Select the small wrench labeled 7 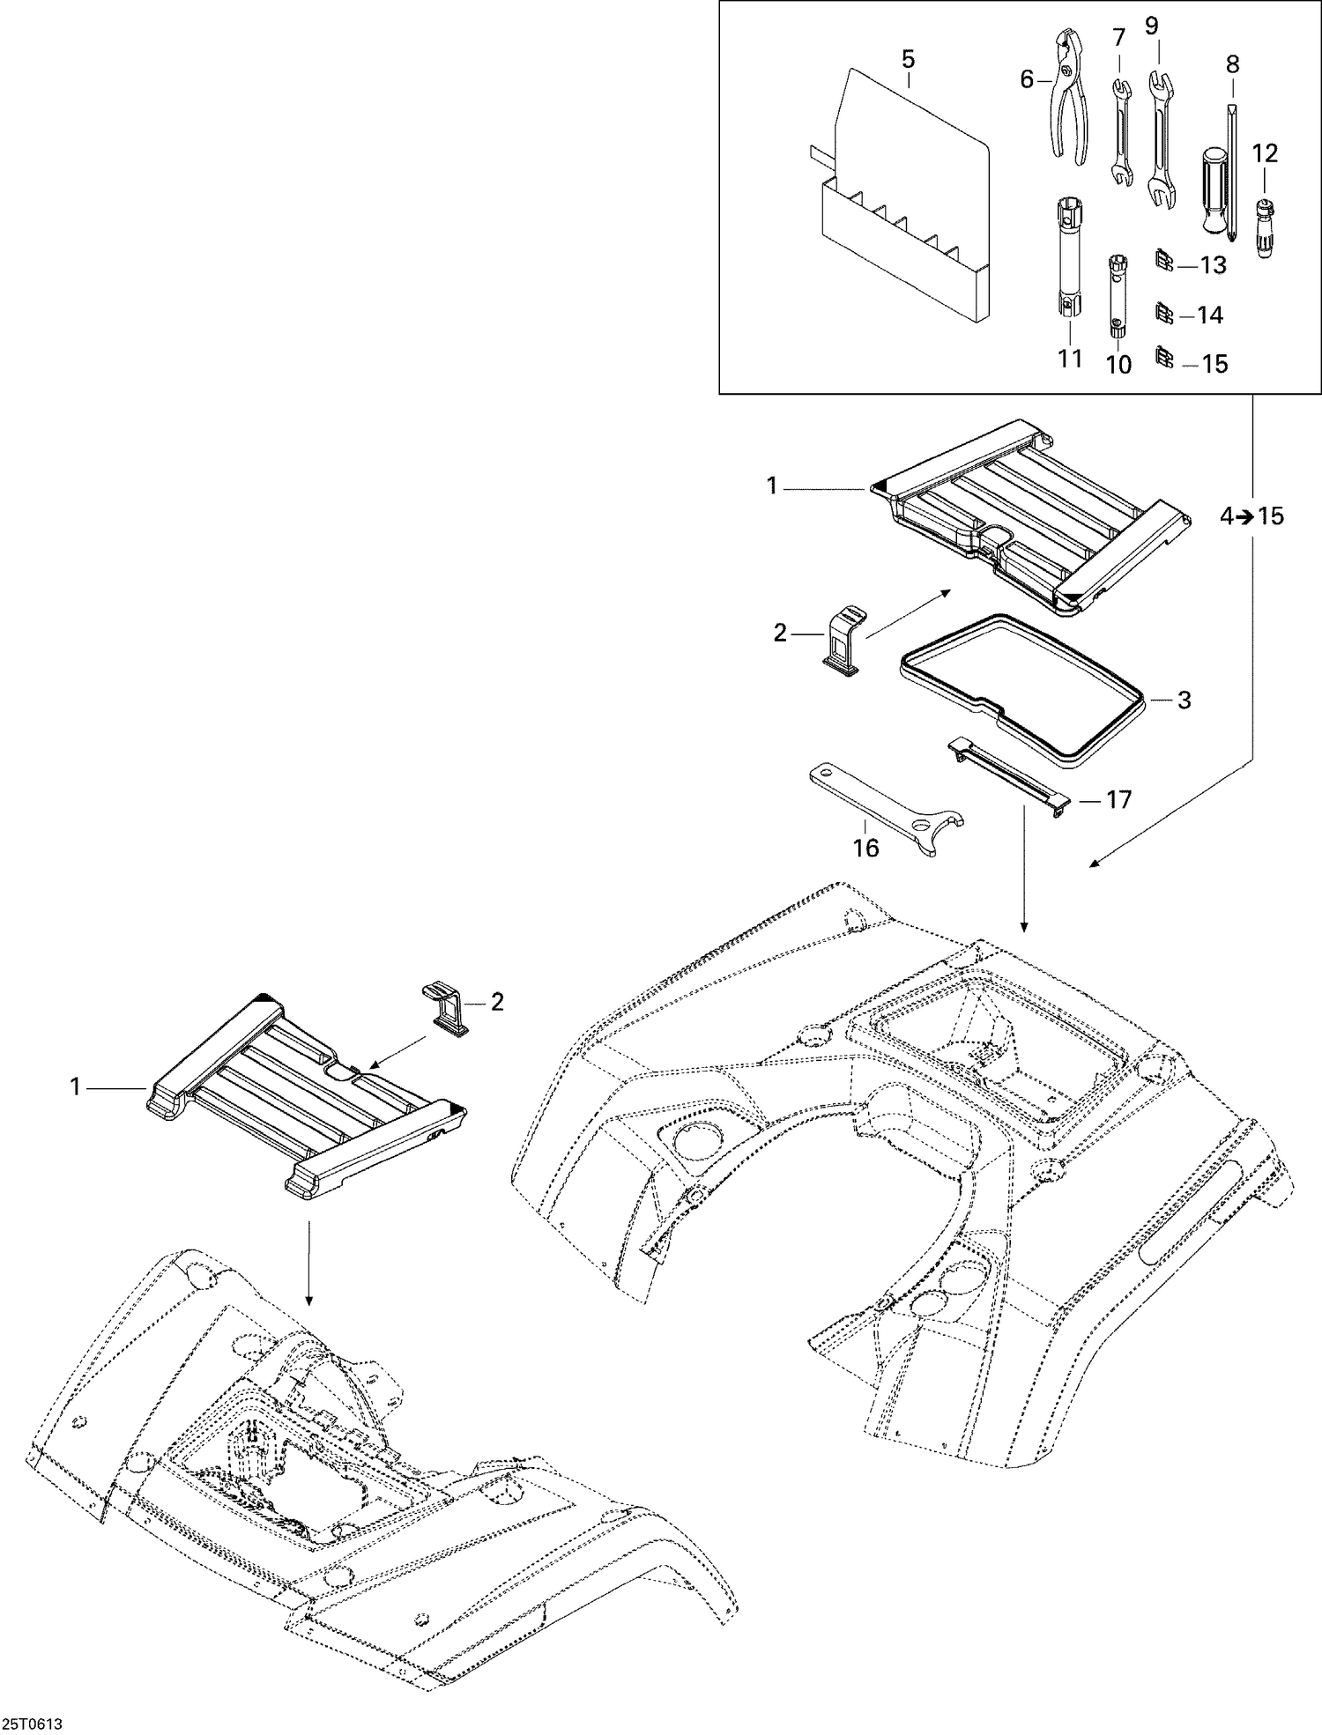pyautogui.click(x=1119, y=132)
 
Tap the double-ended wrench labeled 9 pyautogui.click(x=1161, y=141)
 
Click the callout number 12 pyautogui.click(x=1265, y=152)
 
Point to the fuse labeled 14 pyautogui.click(x=1163, y=313)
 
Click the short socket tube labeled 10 pyautogui.click(x=1118, y=295)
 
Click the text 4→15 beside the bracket pyautogui.click(x=1251, y=517)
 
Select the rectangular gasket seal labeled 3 pyautogui.click(x=1022, y=687)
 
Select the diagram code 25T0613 pyautogui.click(x=37, y=1721)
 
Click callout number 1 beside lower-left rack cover pyautogui.click(x=76, y=1088)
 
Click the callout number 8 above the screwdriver pyautogui.click(x=1232, y=63)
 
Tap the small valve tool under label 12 pyautogui.click(x=1265, y=226)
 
